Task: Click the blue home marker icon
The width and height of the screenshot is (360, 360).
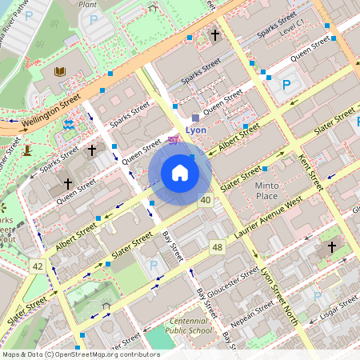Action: pos(180,173)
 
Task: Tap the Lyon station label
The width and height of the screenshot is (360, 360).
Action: pos(196,129)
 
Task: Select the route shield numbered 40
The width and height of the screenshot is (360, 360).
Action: pos(206,199)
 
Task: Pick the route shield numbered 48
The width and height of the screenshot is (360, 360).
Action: pos(217,247)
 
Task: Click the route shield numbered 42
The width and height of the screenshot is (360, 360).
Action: pos(37,266)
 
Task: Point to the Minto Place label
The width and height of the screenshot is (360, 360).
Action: pos(266,190)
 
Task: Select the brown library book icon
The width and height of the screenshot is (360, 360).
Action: pos(59,72)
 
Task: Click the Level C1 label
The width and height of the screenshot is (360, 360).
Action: pos(289,26)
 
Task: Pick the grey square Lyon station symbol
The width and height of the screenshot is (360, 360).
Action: pos(195,117)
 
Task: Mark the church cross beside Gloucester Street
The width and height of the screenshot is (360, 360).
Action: pos(331,248)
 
